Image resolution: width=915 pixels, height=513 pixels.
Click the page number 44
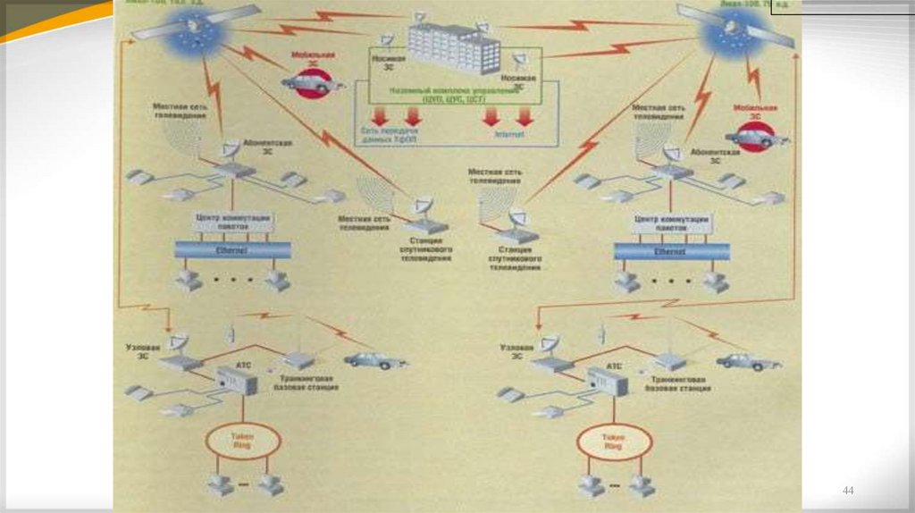(x=848, y=491)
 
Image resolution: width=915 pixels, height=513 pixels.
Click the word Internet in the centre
(x=508, y=137)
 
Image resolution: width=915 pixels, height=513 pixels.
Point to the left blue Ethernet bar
(x=232, y=251)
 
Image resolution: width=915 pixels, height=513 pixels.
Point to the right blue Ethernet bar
(x=671, y=252)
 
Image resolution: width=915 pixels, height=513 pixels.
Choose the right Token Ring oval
(x=613, y=441)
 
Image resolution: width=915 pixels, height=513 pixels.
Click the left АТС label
(x=242, y=367)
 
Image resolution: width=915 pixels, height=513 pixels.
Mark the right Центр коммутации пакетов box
(x=671, y=223)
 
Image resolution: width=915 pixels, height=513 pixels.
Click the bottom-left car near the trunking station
(x=375, y=360)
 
